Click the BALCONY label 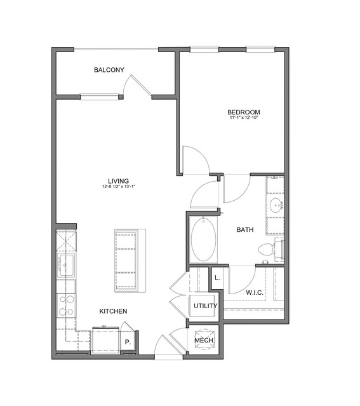tap(109, 70)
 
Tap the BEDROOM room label tap(244, 112)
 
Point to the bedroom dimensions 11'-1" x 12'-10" tap(244, 118)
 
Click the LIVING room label tap(118, 181)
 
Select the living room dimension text tap(119, 186)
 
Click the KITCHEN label tap(113, 311)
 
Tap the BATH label tap(245, 229)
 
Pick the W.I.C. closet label tap(255, 293)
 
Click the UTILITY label tap(205, 306)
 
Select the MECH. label tap(204, 340)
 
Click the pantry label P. tap(128, 342)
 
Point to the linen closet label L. tap(217, 278)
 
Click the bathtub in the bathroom tap(203, 240)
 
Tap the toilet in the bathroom tap(271, 249)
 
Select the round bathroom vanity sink tap(276, 206)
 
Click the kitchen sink tap(66, 266)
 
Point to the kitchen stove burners tap(66, 306)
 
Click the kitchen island tap(130, 261)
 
